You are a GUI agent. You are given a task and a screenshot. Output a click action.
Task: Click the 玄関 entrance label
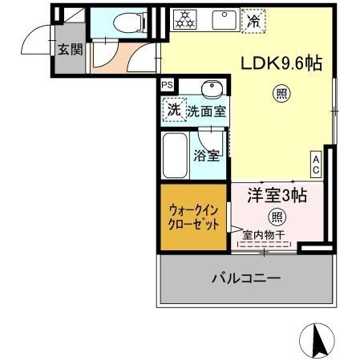(x=69, y=49)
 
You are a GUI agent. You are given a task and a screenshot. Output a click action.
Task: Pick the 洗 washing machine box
(x=173, y=110)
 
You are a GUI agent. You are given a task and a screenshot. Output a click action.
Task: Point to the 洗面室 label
(x=205, y=112)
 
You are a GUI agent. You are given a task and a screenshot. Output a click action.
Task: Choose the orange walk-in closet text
(x=194, y=217)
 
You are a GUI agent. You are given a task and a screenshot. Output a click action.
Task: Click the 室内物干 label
(x=265, y=236)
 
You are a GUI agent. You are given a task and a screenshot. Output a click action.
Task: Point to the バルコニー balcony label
(x=246, y=278)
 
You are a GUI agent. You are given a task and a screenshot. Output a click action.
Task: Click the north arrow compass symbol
(x=317, y=340)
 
